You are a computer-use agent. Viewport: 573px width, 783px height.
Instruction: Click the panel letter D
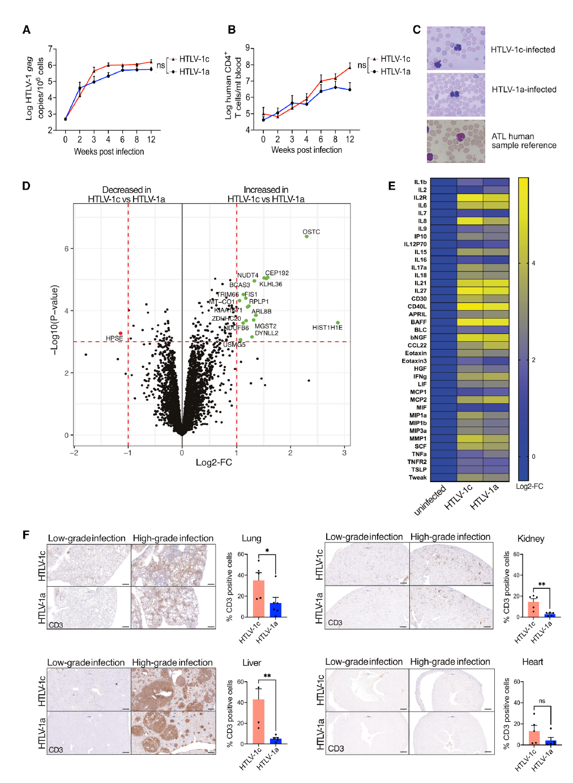[26, 186]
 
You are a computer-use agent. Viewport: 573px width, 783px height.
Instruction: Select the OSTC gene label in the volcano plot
[311, 232]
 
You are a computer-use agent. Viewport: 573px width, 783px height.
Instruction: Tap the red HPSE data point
[121, 333]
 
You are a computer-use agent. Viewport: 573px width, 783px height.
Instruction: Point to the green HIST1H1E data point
[337, 323]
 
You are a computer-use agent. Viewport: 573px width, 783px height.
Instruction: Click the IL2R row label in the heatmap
[420, 198]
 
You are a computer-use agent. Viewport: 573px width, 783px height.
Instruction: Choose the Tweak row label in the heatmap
[418, 477]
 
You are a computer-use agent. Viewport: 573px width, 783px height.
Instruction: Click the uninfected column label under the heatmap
[430, 500]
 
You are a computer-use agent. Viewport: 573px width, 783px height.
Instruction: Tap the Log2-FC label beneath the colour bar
[529, 487]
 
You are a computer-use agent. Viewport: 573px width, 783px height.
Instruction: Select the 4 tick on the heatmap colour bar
[533, 263]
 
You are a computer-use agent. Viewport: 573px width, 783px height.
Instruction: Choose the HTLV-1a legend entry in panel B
[395, 71]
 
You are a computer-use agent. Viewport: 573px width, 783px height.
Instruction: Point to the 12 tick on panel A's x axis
[151, 139]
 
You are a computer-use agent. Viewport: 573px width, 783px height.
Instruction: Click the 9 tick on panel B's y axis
[247, 48]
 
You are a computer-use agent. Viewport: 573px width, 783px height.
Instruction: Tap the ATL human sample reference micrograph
[456, 141]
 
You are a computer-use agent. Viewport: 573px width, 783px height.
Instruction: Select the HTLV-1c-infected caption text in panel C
[523, 50]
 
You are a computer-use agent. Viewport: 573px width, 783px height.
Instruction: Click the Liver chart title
[251, 663]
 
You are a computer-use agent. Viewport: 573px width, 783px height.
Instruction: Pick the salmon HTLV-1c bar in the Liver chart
[258, 721]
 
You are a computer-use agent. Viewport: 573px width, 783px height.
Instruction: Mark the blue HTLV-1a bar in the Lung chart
[276, 609]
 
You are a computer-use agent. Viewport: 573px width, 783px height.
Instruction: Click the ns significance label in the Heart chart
[542, 701]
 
